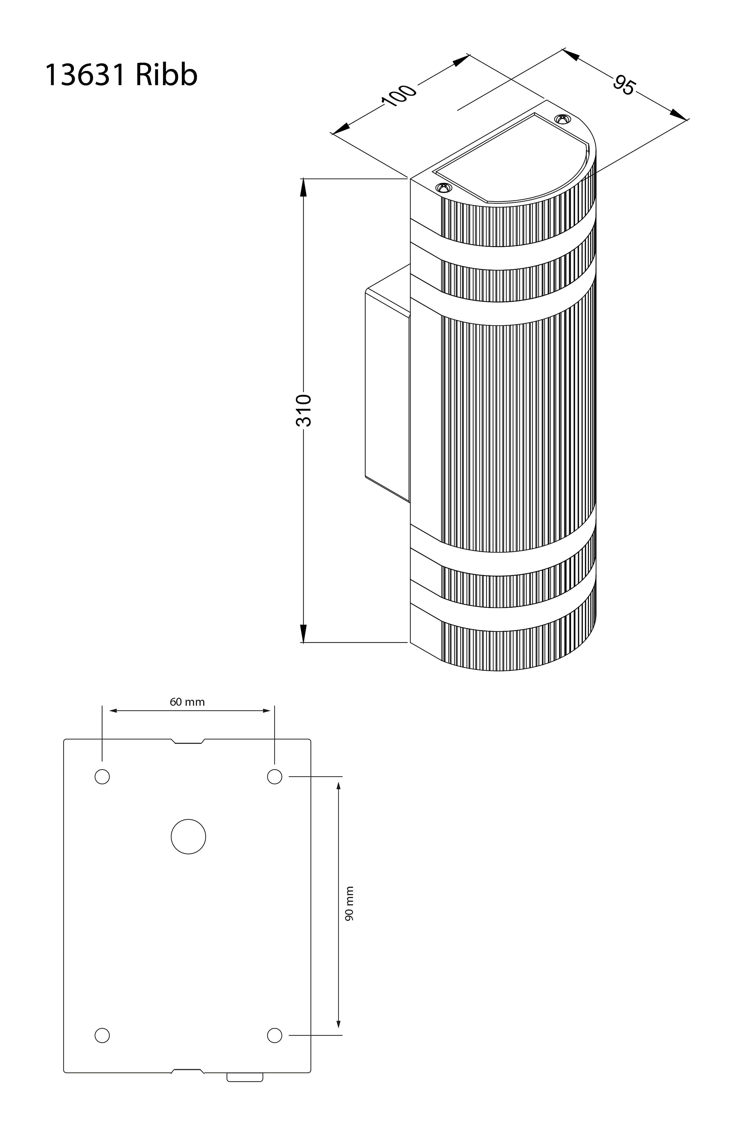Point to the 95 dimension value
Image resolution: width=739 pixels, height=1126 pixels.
point(623,85)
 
